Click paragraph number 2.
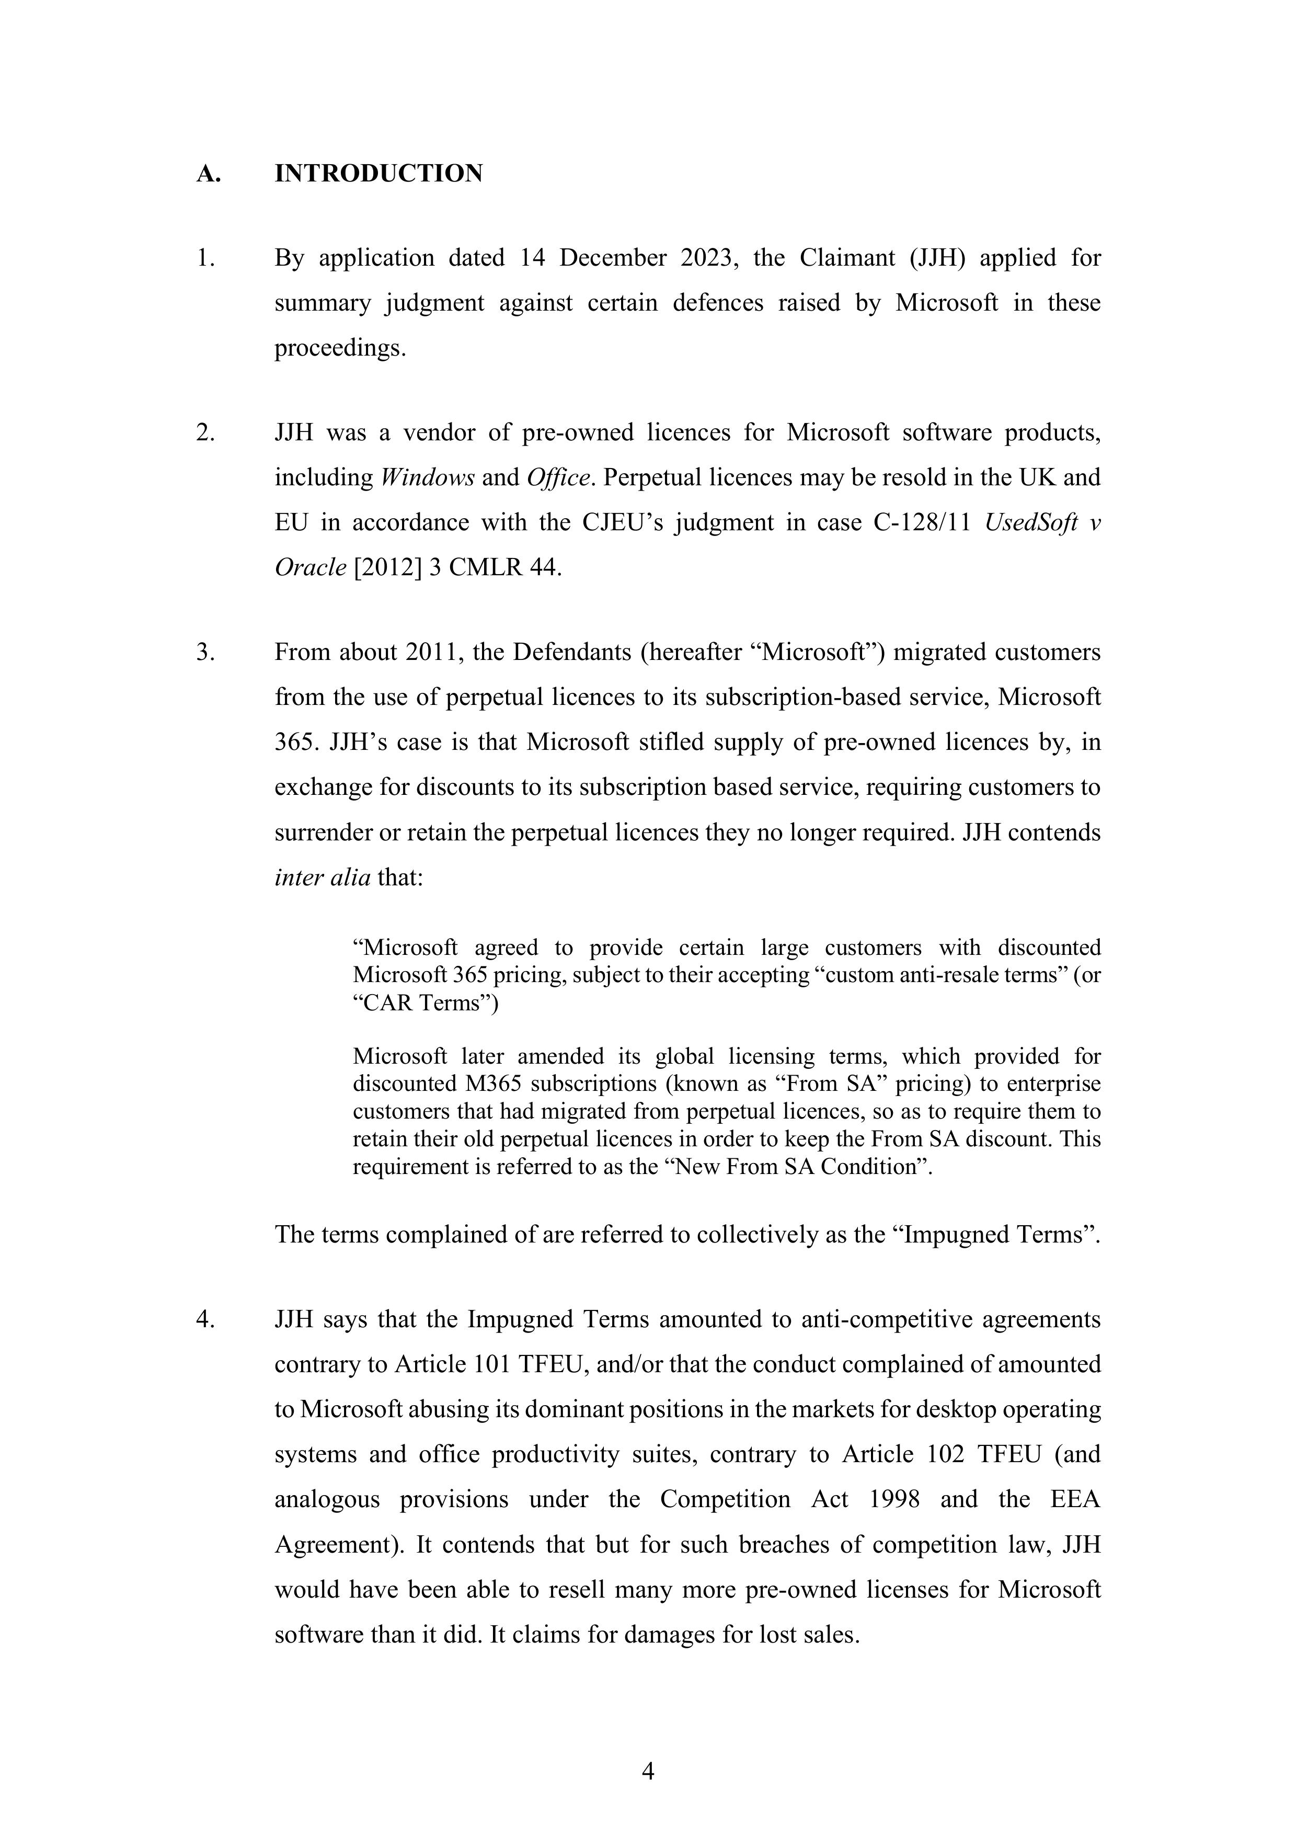204,432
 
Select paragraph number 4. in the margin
204,1319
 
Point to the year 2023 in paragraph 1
706,258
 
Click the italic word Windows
428,478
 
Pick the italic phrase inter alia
322,877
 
